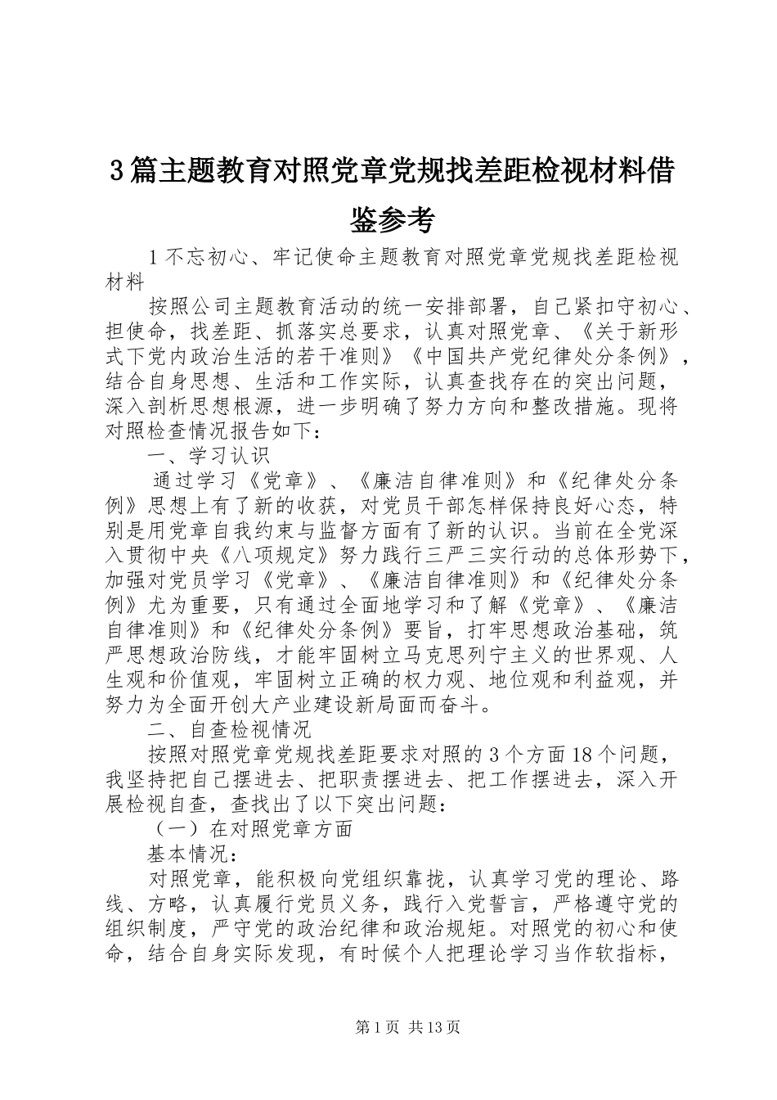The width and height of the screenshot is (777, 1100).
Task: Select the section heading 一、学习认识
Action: (x=209, y=455)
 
